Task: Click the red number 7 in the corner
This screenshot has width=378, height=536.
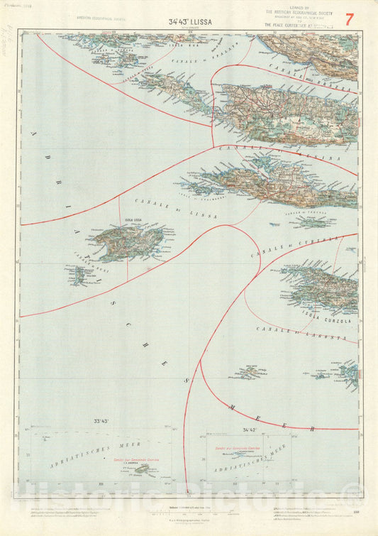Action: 348,18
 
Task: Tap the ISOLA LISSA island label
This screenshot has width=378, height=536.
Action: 134,221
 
